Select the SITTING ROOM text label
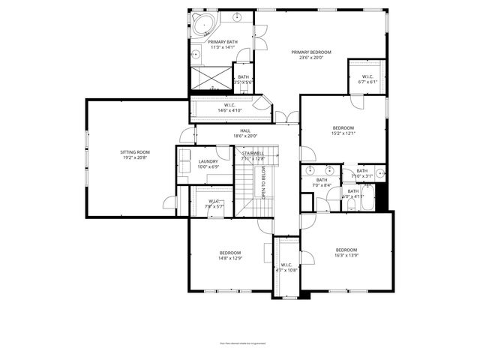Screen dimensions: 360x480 [135, 152]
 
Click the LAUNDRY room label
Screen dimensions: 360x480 [208, 161]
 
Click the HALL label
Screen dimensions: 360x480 [245, 130]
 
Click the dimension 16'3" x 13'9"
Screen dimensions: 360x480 [346, 256]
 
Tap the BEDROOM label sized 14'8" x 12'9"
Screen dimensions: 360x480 [230, 253]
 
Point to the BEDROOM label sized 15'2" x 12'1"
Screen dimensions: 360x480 [343, 128]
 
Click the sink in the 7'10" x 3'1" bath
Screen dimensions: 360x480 [380, 174]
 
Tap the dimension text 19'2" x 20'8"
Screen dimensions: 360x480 [135, 158]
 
